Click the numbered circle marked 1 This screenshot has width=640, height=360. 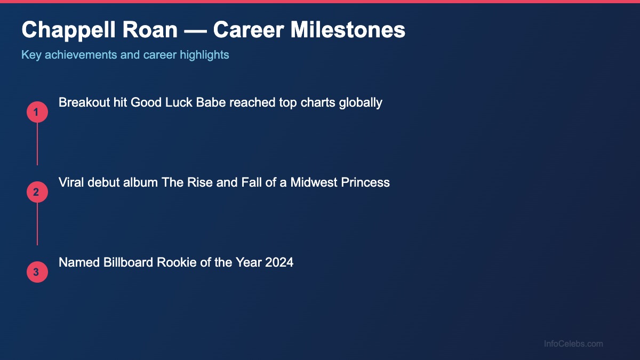click(x=37, y=112)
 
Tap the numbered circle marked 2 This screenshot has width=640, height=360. click(x=37, y=192)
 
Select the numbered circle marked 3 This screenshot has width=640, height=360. click(x=37, y=272)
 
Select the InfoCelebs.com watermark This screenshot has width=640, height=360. click(x=573, y=344)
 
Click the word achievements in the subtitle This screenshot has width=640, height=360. click(x=83, y=55)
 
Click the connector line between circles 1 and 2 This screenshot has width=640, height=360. click(x=37, y=144)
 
